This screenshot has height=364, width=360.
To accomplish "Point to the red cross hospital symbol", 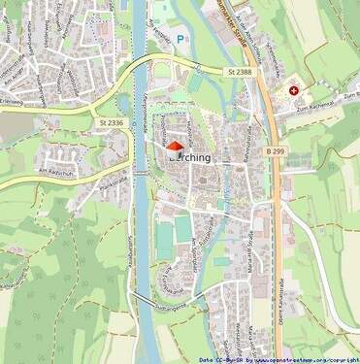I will coord(293,90).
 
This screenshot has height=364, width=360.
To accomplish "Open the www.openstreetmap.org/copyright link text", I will coord(308,359).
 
